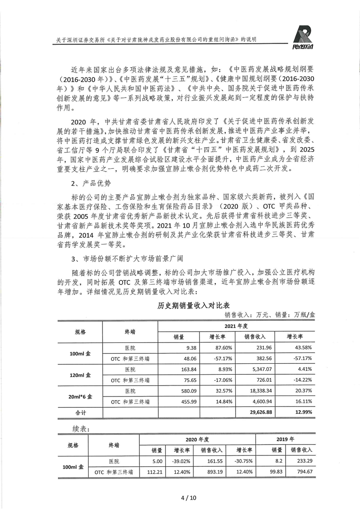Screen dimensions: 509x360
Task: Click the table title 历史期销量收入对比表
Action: [x=188, y=306]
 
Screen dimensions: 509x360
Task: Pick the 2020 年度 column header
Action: [x=197, y=439]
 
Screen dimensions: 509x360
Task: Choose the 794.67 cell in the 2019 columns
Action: [x=302, y=472]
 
